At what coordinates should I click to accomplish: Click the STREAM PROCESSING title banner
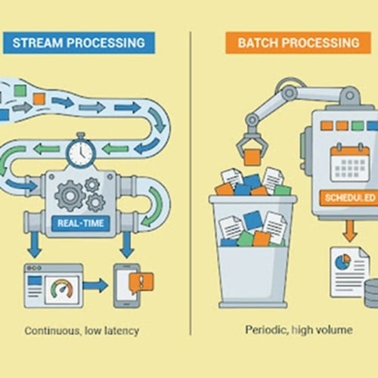coord(79,42)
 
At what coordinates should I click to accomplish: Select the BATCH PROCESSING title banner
coord(299,42)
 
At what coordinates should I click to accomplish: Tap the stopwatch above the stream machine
coord(81,150)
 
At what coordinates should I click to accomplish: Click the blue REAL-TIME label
coord(81,223)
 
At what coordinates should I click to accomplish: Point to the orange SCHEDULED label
coord(349,198)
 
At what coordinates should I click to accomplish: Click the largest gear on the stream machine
coord(70,196)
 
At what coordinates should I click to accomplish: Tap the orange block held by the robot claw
coord(253,157)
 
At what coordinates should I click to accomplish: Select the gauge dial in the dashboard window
coord(62,289)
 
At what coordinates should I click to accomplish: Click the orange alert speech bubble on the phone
coord(141,283)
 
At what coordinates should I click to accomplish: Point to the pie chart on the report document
coord(342,262)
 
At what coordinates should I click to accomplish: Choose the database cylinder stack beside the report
coord(371,293)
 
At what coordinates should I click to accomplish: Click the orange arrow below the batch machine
coord(350,231)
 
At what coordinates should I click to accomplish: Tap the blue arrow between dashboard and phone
coord(95,285)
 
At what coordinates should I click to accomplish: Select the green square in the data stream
coord(20,91)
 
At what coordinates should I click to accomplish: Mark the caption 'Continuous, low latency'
coord(82,330)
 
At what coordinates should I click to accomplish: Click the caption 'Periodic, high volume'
coord(299,330)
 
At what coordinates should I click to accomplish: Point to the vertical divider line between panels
coord(191,183)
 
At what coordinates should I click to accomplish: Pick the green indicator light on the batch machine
coord(358,125)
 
